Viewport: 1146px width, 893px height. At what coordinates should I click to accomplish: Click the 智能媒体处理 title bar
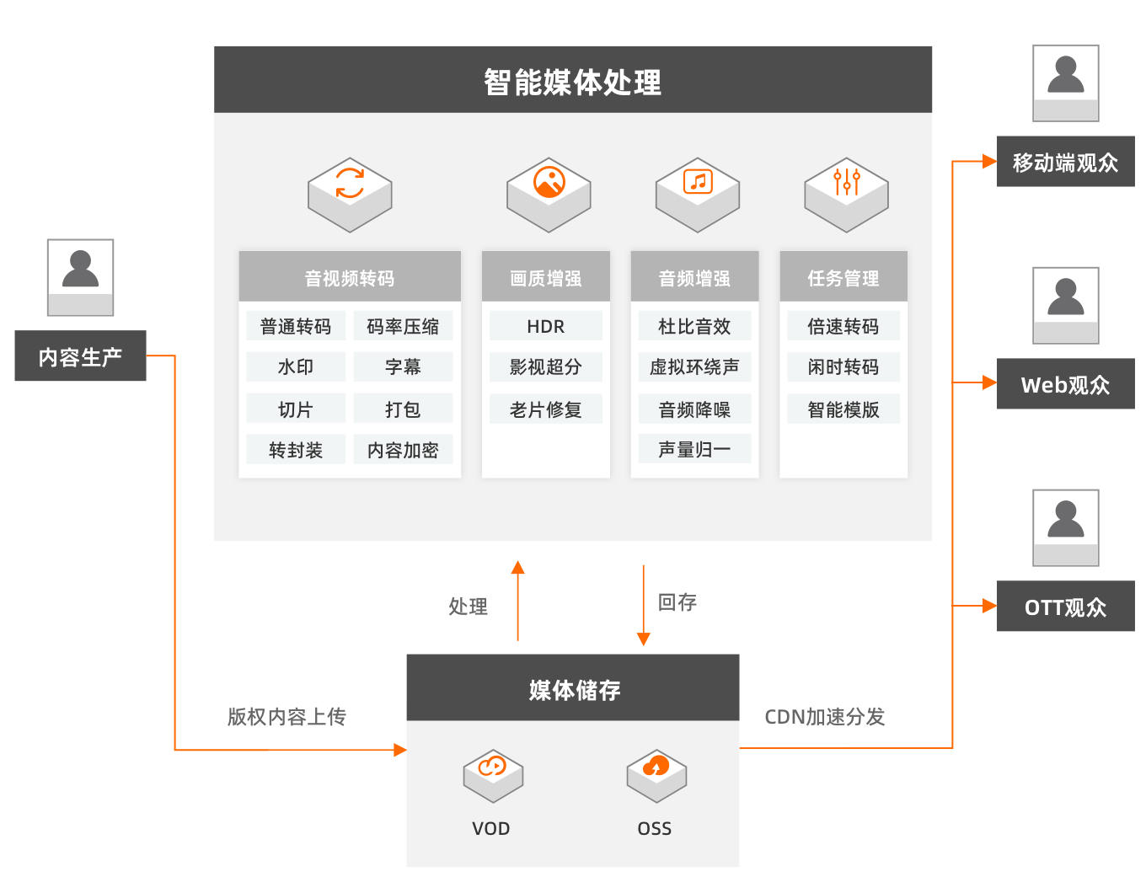point(573,80)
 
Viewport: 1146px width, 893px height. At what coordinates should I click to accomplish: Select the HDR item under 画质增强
point(545,326)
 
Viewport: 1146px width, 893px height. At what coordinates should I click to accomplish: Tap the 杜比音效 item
point(694,326)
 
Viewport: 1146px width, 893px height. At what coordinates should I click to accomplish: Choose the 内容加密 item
point(403,450)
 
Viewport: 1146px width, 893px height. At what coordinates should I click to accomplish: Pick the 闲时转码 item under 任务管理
point(843,367)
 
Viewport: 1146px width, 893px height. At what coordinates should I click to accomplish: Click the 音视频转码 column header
point(349,277)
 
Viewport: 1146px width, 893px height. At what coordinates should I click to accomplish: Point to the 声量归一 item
point(694,450)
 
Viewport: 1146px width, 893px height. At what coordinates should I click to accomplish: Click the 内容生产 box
point(80,356)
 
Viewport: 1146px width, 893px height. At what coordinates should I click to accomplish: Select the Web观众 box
point(1065,384)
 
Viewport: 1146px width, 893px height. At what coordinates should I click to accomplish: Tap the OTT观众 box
point(1065,607)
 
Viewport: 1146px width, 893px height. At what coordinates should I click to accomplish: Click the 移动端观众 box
point(1065,162)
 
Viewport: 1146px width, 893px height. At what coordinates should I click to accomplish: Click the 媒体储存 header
point(573,688)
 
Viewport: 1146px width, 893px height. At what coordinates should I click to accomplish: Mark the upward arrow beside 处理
point(518,601)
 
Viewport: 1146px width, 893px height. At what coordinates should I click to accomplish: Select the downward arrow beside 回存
point(644,605)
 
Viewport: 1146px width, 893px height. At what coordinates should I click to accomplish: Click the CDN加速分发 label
point(824,717)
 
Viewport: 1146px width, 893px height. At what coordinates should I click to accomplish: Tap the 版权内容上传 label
point(286,717)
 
